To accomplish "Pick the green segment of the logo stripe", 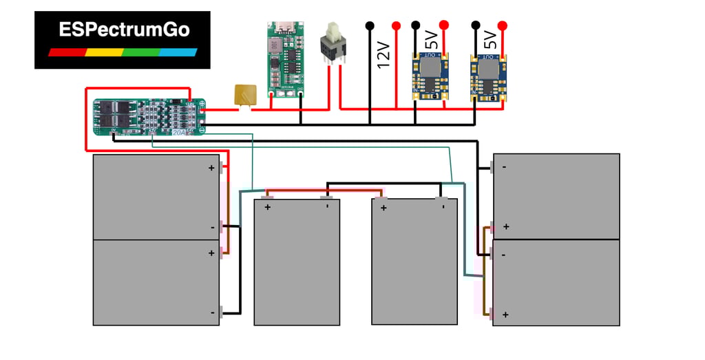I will pyautogui.click(x=142, y=52).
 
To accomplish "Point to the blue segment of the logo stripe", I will pyautogui.click(x=178, y=52).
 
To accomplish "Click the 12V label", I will pyautogui.click(x=383, y=56).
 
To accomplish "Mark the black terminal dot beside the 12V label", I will pyautogui.click(x=370, y=26).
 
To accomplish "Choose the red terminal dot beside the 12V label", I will pyautogui.click(x=396, y=26).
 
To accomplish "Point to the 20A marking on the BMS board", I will pyautogui.click(x=179, y=132).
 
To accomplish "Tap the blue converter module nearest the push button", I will pyautogui.click(x=430, y=76).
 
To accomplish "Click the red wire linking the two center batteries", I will pyautogui.click(x=323, y=191).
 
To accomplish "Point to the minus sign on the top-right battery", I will pyautogui.click(x=505, y=167).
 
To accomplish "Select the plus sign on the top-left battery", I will pyautogui.click(x=212, y=167).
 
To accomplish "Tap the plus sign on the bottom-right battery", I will pyautogui.click(x=505, y=315).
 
